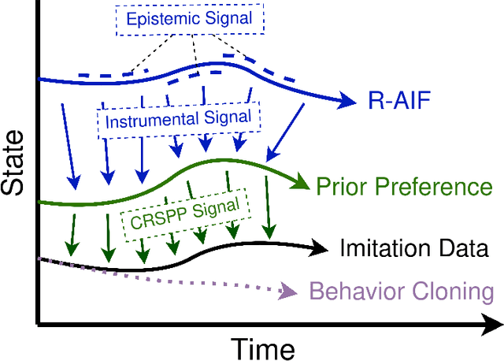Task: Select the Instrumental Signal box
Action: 179,121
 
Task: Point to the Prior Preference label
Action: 403,187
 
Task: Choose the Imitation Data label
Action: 414,248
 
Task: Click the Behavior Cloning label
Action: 402,292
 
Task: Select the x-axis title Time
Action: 263,347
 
